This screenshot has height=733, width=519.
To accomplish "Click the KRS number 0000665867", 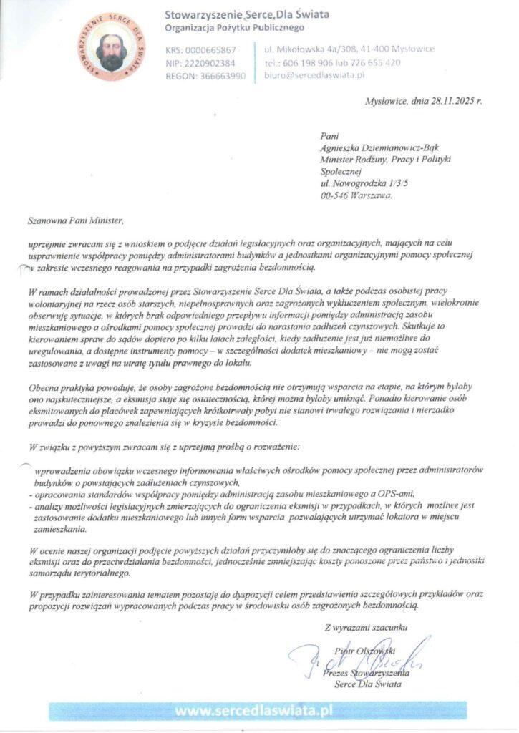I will click(210, 50).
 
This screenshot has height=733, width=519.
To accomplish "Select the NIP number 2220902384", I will click(210, 63).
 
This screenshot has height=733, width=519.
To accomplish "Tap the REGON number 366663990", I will click(215, 76).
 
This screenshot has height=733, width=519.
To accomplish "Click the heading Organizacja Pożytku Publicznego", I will click(234, 28).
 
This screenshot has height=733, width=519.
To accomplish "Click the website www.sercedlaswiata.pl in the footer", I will click(255, 711).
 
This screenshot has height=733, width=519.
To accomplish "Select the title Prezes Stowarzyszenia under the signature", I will click(366, 674).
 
